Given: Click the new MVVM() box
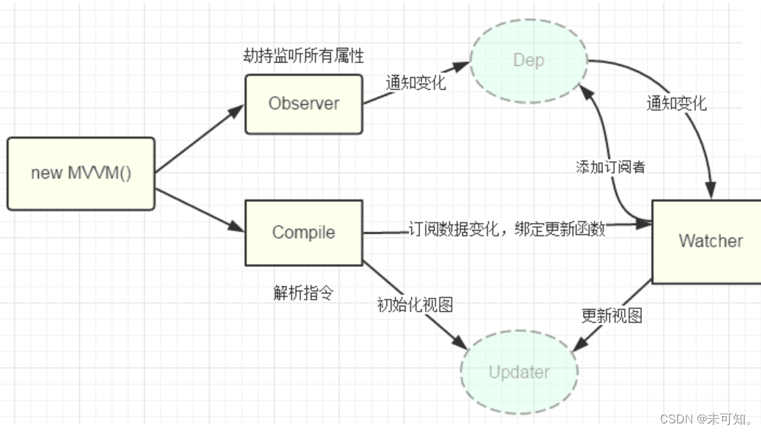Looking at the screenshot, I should (x=81, y=173).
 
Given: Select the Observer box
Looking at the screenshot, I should (x=304, y=103).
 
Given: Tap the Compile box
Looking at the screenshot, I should (x=304, y=233).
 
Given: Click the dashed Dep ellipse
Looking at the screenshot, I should (x=528, y=60).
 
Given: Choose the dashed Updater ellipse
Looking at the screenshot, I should (x=519, y=372).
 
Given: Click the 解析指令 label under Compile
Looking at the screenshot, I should (x=303, y=293).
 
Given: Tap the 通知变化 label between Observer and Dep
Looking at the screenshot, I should (x=415, y=82).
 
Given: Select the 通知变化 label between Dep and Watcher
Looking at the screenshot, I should (x=676, y=103).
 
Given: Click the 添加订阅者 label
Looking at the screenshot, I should (x=610, y=167).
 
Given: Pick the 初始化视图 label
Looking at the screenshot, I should (x=415, y=305).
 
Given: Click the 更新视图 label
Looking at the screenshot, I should (x=612, y=316).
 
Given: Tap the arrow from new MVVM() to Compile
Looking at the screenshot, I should (x=200, y=210).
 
